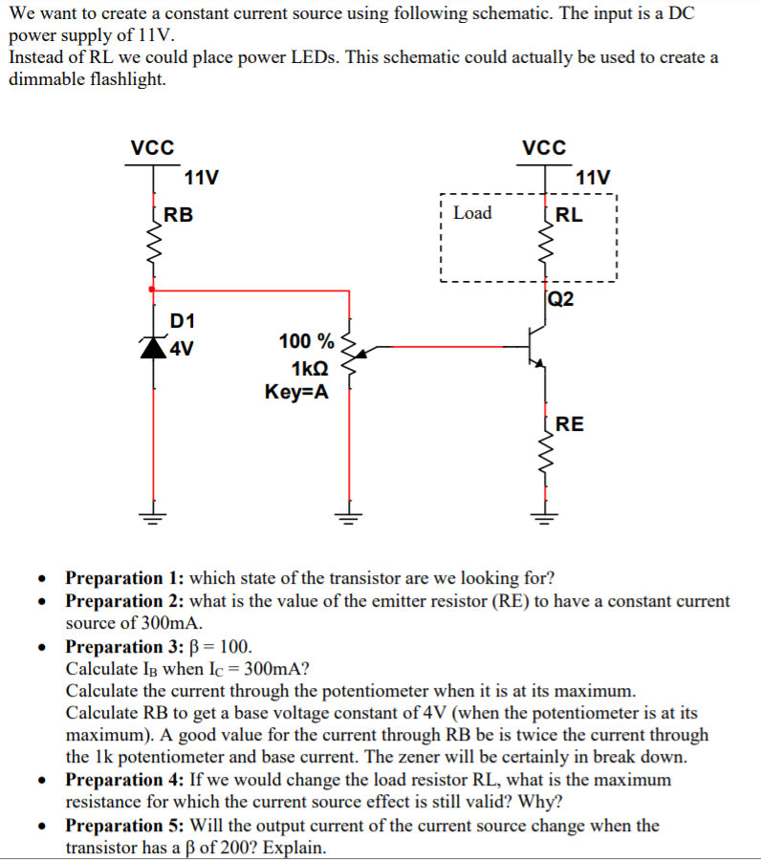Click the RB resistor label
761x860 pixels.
coord(178,215)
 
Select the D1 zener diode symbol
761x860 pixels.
coord(153,346)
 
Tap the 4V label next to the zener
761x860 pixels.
coord(182,348)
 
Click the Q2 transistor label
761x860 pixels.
coord(562,299)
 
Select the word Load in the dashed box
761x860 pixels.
coord(471,212)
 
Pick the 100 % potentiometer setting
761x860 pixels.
coord(306,342)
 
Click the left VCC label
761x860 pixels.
coord(152,148)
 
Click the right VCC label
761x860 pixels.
coord(544,148)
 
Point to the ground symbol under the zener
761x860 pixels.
coord(152,519)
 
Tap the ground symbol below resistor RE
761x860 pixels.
coord(545,519)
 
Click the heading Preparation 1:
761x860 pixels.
coord(125,578)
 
